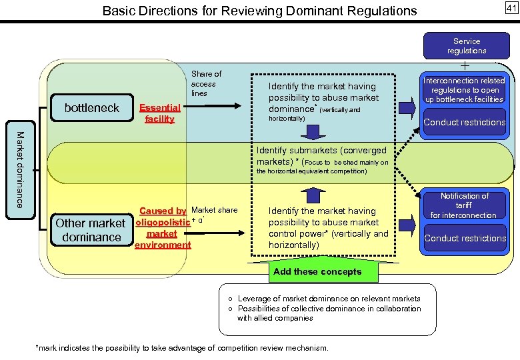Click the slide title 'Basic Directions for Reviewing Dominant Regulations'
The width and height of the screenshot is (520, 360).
[x=259, y=11]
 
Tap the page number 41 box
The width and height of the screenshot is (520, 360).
[x=511, y=8]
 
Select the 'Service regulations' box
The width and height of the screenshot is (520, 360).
[x=466, y=46]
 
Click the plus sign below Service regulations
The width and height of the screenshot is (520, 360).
[x=465, y=65]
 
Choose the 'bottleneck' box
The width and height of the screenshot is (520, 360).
[x=91, y=107]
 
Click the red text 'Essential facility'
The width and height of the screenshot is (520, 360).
[x=159, y=113]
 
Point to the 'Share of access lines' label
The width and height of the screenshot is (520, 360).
[x=206, y=83]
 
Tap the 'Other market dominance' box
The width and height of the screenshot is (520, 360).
[x=90, y=230]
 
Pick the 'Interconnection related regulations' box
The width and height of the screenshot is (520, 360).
[x=465, y=90]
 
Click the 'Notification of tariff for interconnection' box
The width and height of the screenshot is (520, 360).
[x=464, y=205]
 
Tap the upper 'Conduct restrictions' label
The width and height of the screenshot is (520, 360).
[x=465, y=122]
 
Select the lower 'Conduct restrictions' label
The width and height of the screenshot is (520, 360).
[x=465, y=238]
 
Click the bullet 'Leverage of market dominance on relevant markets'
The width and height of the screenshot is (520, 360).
[x=329, y=299]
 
